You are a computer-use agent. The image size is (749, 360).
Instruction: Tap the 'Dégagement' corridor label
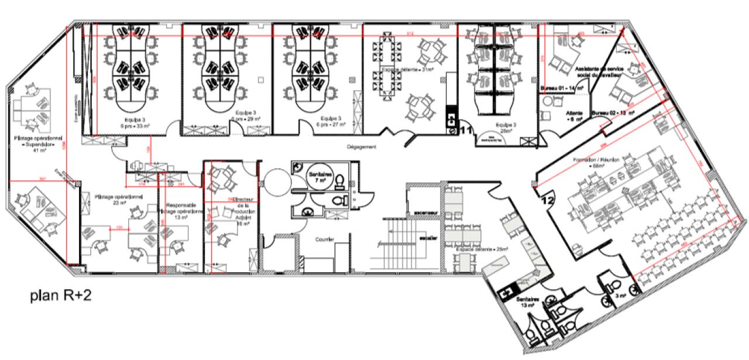[361, 147]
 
